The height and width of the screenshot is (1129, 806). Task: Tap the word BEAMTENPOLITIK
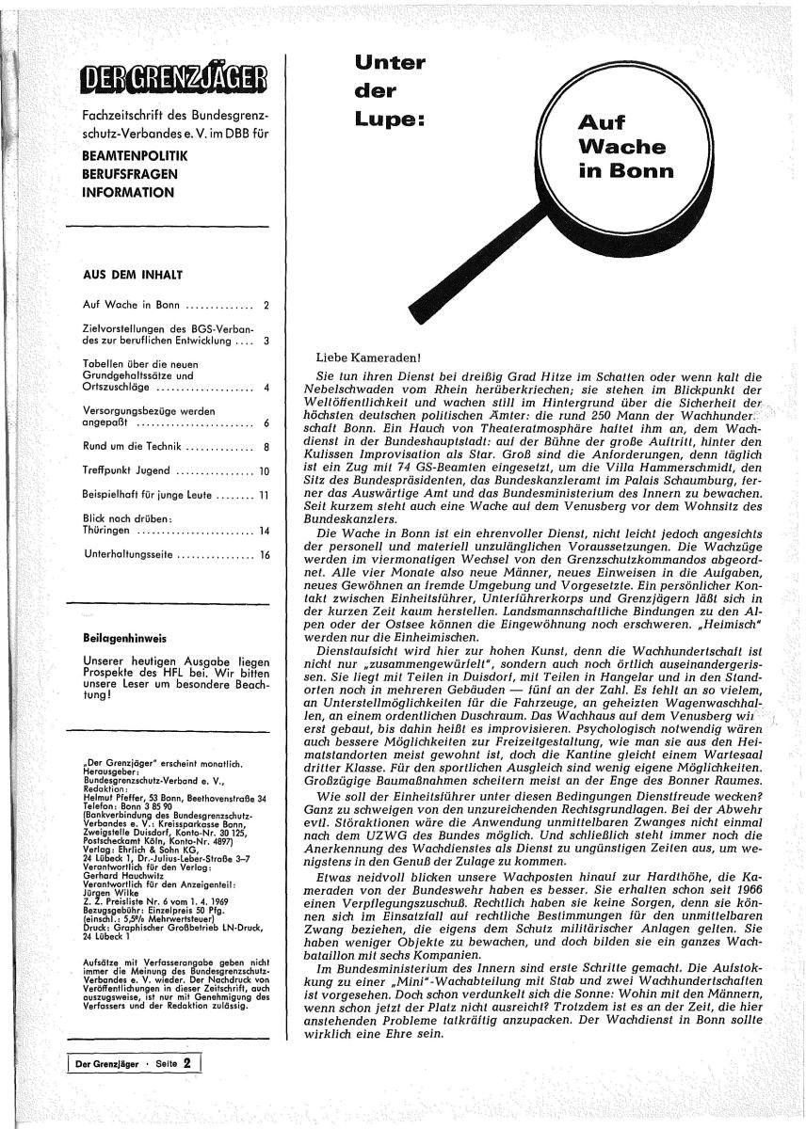click(x=136, y=154)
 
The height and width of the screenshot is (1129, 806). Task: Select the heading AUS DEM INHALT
click(x=132, y=276)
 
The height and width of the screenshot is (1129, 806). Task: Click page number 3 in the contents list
click(x=266, y=341)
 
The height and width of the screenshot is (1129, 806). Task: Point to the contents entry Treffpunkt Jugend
click(x=127, y=470)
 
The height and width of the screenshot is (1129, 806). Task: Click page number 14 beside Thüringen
click(x=265, y=531)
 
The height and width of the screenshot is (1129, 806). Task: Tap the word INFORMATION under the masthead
click(x=129, y=193)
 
